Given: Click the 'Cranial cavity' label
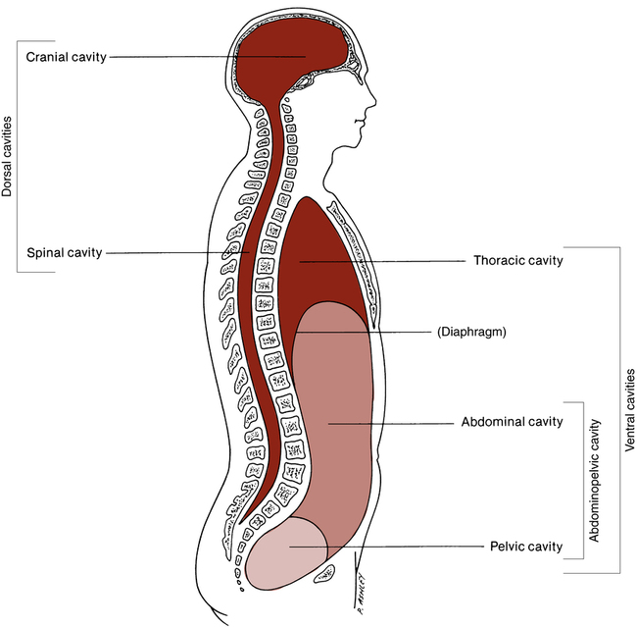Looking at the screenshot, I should [66, 56].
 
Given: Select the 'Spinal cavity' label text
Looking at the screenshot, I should [64, 252].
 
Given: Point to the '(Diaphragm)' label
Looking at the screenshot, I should [470, 333].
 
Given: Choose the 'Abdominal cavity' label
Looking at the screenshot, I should [512, 423].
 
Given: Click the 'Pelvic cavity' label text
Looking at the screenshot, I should [525, 547].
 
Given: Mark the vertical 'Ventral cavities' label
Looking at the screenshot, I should [628, 409].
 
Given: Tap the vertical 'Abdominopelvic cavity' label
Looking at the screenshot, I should [594, 479].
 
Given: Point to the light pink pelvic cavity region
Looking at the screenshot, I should [284, 559].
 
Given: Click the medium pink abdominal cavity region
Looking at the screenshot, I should [333, 422].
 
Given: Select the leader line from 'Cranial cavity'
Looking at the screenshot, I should [206, 56].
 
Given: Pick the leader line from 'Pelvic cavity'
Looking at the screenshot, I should [392, 547].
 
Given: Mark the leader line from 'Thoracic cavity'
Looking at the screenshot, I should [382, 261].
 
